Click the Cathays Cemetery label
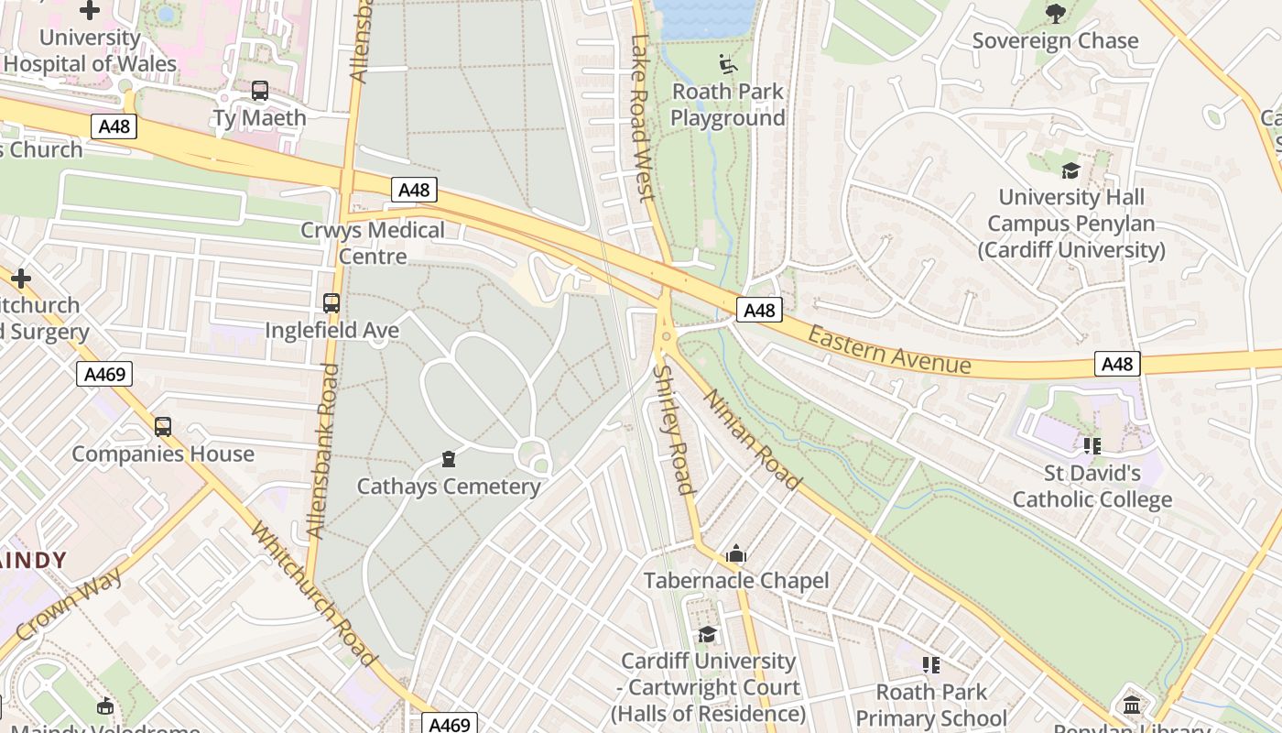click(x=449, y=487)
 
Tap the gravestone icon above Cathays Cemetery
click(x=449, y=458)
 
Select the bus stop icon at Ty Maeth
click(x=260, y=91)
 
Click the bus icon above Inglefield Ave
click(x=331, y=302)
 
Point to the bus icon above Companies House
click(x=163, y=427)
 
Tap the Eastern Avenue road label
click(x=888, y=351)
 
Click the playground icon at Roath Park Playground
click(x=728, y=63)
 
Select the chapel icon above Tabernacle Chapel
click(x=735, y=554)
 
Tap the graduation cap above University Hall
click(x=1070, y=171)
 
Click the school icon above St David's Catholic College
click(x=1092, y=446)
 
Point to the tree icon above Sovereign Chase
click(x=1056, y=13)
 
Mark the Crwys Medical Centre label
click(x=373, y=243)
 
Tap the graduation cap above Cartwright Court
click(x=708, y=634)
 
